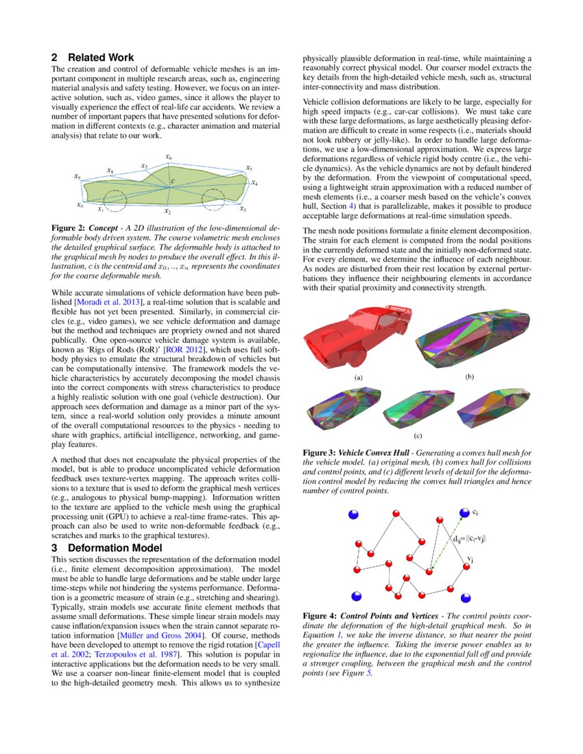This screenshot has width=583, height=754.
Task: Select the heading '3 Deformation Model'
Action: (x=107, y=548)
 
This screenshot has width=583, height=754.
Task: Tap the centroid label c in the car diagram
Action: (x=173, y=181)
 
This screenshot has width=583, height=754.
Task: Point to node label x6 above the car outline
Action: (x=169, y=158)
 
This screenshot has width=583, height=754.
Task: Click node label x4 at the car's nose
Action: (x=254, y=183)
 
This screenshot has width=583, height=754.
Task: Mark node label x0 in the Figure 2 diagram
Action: (x=80, y=204)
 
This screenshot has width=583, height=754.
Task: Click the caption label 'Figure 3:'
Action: (x=319, y=453)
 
